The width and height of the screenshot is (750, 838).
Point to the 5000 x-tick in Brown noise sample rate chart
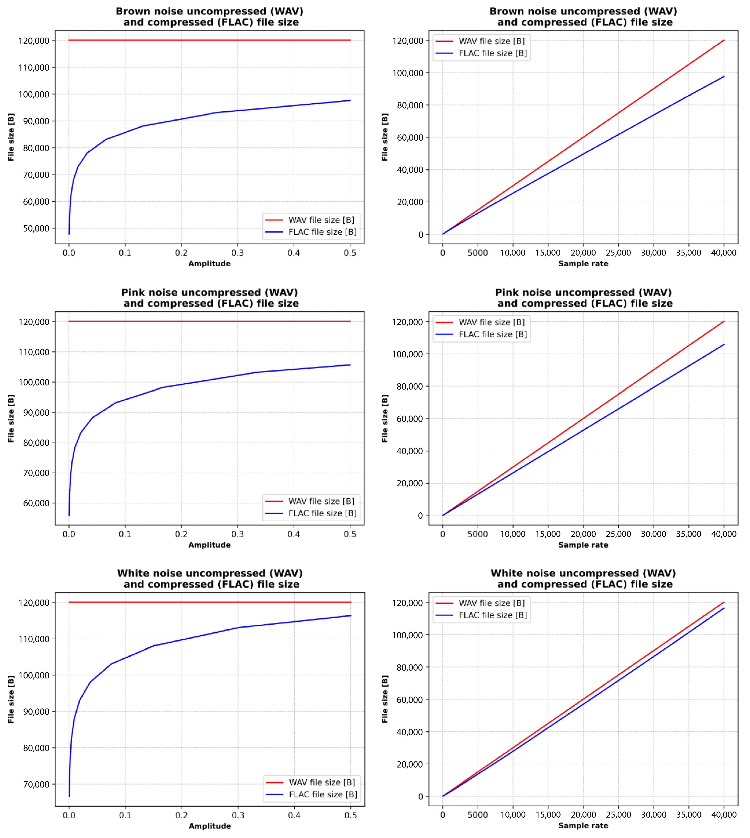click(478, 253)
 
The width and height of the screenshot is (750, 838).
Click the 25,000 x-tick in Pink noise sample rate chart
click(618, 534)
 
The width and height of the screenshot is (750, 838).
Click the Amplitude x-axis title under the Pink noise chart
click(209, 545)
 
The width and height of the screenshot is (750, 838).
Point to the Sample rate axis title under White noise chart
click(583, 826)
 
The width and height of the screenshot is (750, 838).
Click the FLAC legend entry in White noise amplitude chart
click(323, 794)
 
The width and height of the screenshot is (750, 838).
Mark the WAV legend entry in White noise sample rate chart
click(492, 603)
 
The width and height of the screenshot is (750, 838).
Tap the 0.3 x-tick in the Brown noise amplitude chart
click(237, 253)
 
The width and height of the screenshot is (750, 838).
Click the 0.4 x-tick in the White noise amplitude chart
click(294, 815)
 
